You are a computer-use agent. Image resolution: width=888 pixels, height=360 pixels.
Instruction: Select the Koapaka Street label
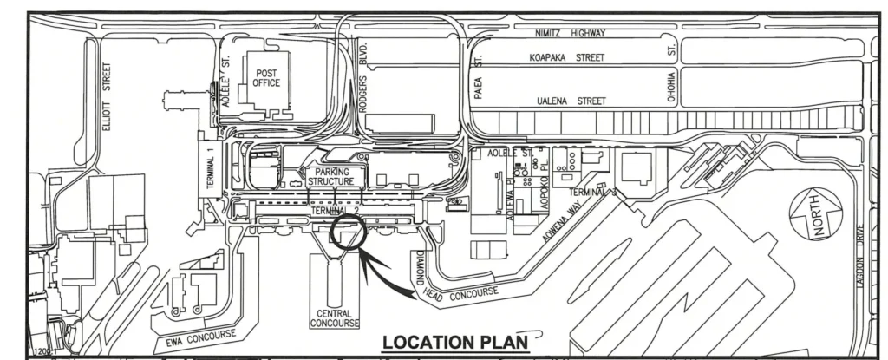(567, 57)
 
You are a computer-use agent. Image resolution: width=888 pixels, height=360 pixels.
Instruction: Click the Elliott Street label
(108, 96)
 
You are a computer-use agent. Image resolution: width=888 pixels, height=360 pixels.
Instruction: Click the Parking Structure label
(330, 177)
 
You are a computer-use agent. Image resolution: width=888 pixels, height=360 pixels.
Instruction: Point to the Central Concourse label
(334, 319)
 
